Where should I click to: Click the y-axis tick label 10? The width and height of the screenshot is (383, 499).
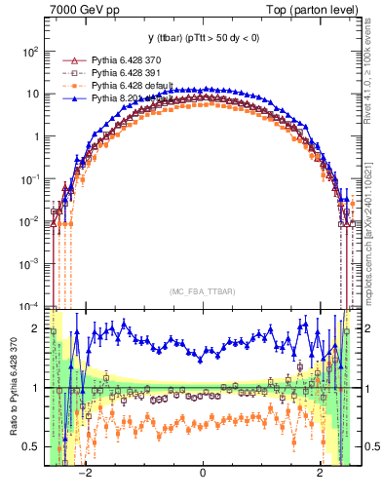click(x=32, y=95)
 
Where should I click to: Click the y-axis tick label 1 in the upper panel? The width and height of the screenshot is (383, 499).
click(x=36, y=137)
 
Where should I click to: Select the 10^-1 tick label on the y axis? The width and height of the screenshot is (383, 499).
click(x=29, y=179)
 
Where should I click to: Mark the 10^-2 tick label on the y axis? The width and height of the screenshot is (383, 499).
click(x=29, y=221)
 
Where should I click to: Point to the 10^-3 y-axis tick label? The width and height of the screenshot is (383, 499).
click(x=29, y=264)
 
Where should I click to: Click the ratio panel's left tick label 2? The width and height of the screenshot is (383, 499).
click(x=36, y=328)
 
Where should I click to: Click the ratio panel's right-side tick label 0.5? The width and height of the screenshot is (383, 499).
click(x=366, y=447)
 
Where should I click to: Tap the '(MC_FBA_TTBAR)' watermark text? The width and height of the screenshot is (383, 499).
click(x=202, y=290)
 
